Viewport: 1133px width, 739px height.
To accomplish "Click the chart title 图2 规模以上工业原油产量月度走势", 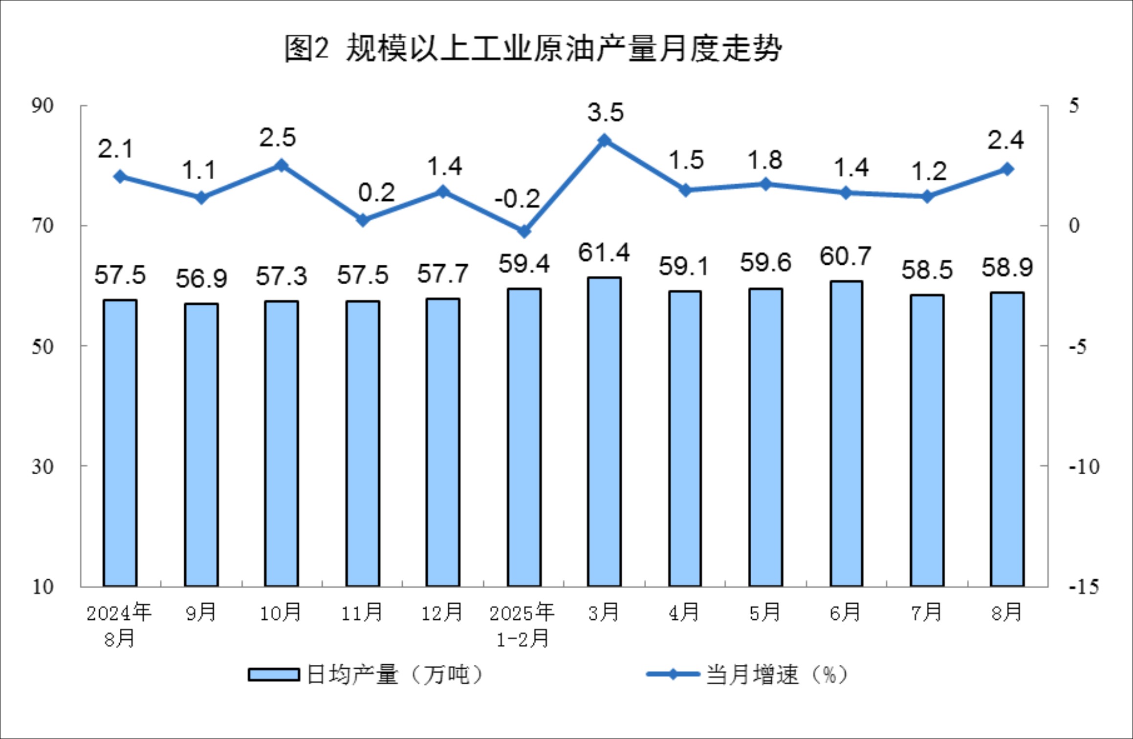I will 533,49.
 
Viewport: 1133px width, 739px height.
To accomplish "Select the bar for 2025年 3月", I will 605,432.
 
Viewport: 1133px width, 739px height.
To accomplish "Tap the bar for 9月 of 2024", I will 201,444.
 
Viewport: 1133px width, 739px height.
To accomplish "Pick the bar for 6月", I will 846,434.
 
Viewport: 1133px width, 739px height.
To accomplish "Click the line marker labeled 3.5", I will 605,141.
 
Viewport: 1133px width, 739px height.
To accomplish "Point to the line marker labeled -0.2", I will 524,231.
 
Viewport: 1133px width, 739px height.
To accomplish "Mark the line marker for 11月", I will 363,220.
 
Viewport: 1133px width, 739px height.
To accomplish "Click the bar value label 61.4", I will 604,253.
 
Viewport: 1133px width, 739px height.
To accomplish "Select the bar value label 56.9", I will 201,279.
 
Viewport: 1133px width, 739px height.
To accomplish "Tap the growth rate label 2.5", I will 278,138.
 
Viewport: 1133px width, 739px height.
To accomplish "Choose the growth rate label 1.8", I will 765,160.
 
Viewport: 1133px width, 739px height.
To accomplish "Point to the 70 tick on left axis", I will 43,226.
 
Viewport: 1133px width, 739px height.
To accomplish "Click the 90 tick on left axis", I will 43,106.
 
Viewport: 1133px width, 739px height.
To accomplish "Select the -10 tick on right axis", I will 1084,467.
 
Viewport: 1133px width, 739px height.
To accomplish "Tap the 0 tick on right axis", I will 1074,226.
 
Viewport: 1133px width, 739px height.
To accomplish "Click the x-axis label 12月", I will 442,612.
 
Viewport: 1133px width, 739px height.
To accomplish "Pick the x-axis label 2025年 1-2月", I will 523,625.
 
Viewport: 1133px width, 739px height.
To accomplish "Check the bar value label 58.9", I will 1007,268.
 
